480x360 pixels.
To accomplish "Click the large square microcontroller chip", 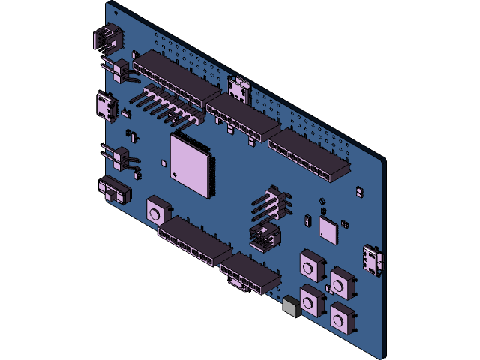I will point(190,164).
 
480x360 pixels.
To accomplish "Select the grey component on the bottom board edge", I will point(292,305).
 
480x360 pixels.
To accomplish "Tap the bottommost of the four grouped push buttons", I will point(343,318).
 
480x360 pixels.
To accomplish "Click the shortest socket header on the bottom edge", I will point(250,274).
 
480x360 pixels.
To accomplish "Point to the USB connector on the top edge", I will point(240,88).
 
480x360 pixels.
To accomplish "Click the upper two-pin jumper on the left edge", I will point(120,69).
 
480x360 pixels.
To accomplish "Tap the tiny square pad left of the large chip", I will point(163,162).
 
